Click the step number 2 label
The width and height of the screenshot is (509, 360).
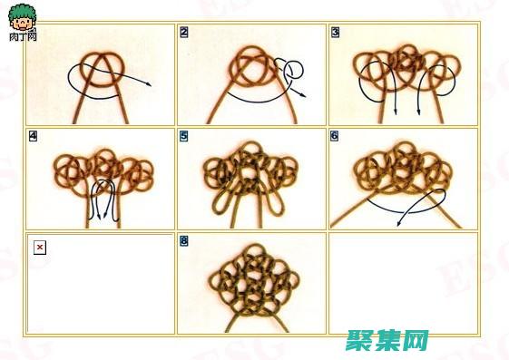pos(184,33)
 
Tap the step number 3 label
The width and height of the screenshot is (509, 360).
pos(335,33)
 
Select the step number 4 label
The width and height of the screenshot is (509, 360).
pos(34,137)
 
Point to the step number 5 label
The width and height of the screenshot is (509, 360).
pos(184,137)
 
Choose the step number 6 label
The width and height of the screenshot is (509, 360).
pos(335,137)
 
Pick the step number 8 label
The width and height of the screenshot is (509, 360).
pos(184,241)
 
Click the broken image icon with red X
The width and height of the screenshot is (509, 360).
pos(39,248)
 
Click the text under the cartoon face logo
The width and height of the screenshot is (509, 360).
pos(23,37)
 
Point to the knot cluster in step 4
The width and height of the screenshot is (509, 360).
pos(100,167)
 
